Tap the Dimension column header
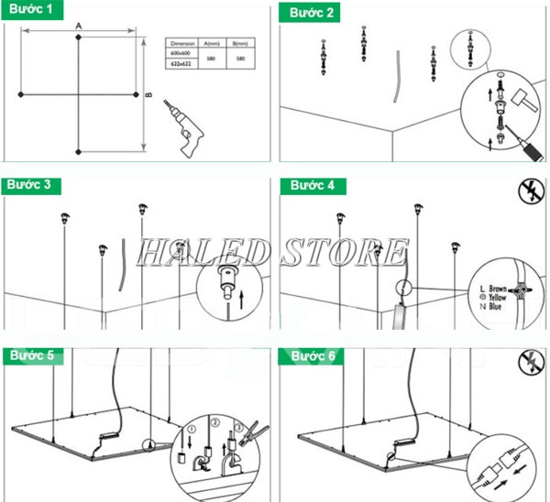pos(184,43)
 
